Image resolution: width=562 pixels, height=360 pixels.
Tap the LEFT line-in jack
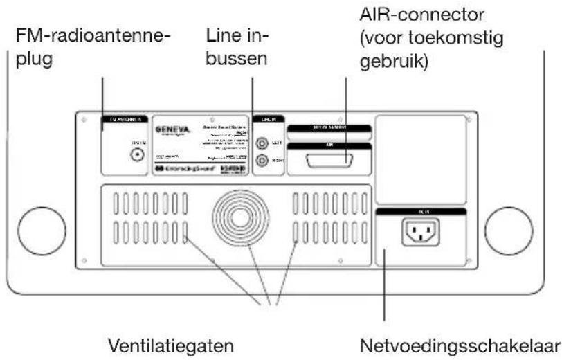(262, 144)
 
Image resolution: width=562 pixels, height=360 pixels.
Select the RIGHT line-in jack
(262, 161)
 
